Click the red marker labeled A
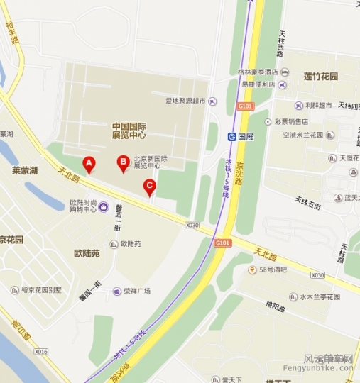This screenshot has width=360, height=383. tap(89, 165)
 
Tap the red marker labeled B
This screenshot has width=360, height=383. tap(123, 163)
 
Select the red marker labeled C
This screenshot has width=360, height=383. tap(149, 187)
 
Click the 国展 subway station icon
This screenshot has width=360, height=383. tap(232, 136)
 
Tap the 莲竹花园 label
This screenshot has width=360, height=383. tap(321, 76)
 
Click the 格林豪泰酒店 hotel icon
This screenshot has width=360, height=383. tap(284, 72)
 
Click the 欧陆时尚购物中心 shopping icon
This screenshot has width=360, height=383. tap(104, 207)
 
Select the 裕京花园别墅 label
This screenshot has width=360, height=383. tap(41, 290)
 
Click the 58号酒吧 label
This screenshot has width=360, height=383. tap(273, 270)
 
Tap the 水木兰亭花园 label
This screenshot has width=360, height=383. tap(321, 296)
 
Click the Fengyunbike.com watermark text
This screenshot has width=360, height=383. tap(328, 368)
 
